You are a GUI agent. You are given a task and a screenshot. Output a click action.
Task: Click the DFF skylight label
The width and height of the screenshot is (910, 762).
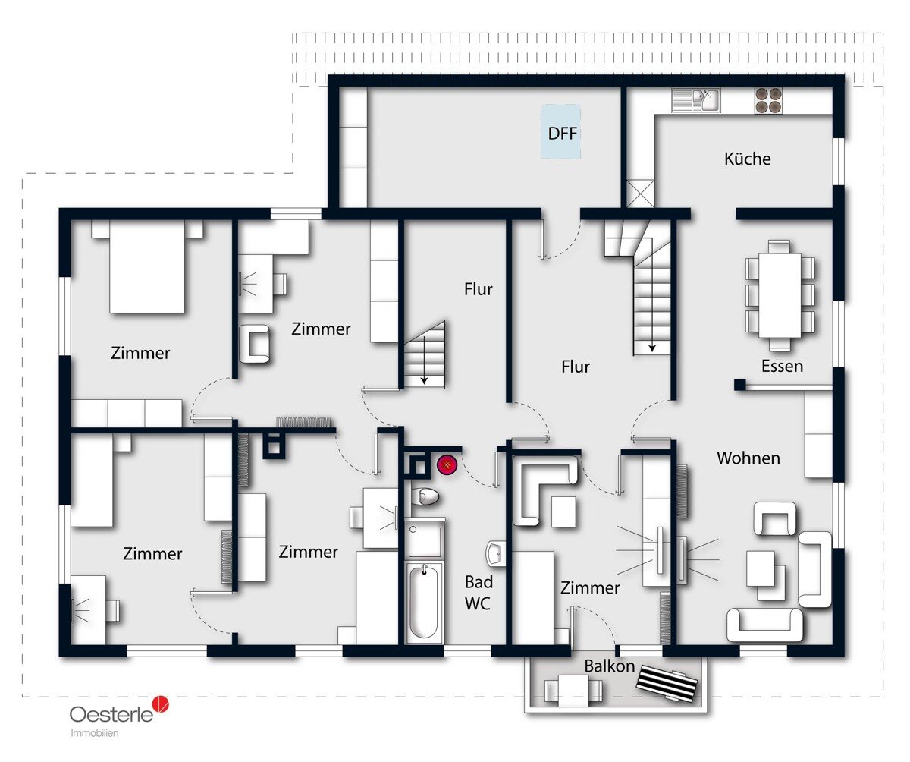562,134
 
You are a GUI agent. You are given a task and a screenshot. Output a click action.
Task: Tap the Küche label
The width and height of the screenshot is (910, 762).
748,159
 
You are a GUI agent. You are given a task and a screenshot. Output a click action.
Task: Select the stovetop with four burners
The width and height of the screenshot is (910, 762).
768,100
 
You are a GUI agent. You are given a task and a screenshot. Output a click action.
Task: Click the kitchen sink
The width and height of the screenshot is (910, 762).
695,100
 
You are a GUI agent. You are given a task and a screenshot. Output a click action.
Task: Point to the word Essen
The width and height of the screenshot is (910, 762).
782,366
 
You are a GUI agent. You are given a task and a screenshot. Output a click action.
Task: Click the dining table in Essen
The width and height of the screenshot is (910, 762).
780,295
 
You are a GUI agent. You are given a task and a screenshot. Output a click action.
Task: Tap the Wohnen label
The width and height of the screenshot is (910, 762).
748,458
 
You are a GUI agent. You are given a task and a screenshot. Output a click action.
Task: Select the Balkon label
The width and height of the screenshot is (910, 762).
609,666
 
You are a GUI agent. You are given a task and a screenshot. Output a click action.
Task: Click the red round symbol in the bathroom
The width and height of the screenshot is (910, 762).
447,466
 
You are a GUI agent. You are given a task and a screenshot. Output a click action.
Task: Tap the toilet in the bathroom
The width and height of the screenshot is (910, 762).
425,497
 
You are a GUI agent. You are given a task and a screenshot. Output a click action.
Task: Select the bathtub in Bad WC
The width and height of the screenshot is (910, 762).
424,603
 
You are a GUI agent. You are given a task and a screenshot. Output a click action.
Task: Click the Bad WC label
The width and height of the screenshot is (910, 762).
478,593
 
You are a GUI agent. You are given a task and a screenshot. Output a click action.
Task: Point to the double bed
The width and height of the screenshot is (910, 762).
147,266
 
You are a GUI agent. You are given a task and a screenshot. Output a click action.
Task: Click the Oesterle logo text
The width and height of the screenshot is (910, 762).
111,714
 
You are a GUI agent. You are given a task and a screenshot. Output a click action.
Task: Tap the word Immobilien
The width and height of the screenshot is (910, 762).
95,733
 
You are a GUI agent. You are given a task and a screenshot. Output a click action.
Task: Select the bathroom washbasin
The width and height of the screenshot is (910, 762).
496,553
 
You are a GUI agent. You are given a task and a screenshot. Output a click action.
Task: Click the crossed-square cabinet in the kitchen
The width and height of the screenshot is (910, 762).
640,194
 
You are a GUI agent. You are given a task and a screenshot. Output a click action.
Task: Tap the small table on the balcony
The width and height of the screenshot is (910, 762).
573,688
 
